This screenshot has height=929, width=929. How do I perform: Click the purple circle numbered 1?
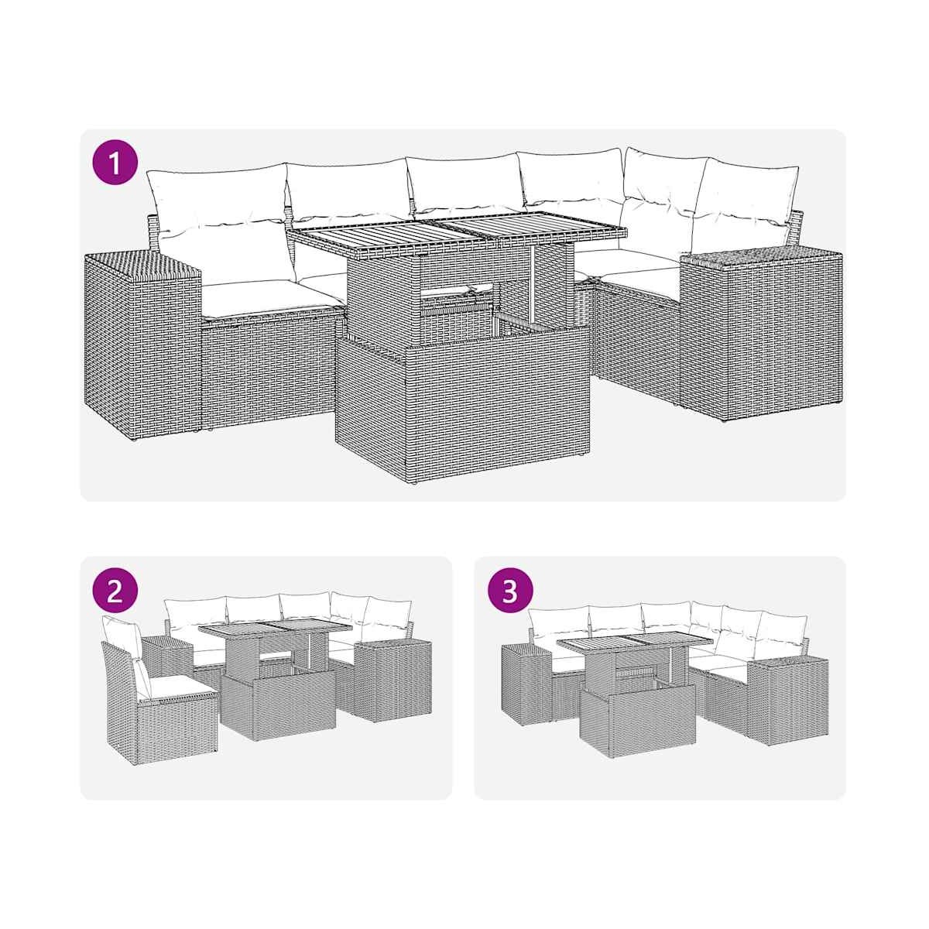tap(115, 163)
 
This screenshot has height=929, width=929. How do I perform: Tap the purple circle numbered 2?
tap(115, 591)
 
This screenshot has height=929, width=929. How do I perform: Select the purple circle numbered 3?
tap(510, 591)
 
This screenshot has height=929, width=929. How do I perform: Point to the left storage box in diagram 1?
tap(142, 345)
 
